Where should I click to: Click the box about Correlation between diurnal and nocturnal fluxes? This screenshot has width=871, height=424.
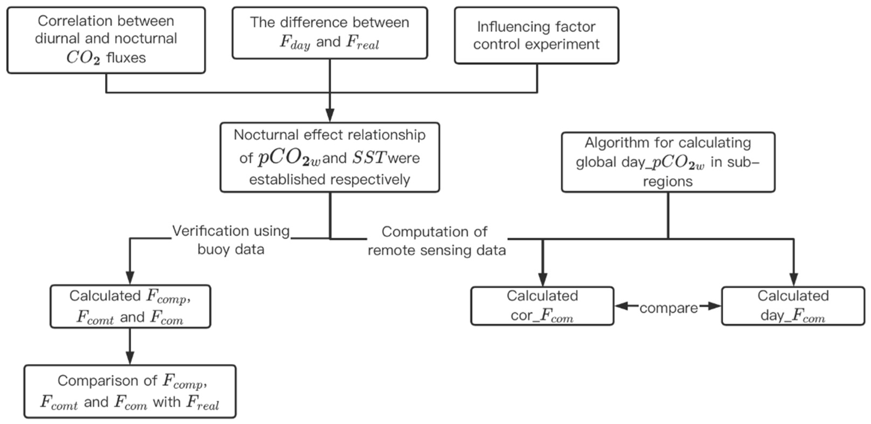[106, 40]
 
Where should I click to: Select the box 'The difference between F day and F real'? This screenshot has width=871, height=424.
[330, 33]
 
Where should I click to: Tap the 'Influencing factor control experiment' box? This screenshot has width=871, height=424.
[536, 36]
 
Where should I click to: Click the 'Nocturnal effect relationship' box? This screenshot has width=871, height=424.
[330, 157]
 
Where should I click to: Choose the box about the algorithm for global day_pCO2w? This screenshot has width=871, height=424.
[668, 162]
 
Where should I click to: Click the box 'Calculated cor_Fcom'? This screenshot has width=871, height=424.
[542, 306]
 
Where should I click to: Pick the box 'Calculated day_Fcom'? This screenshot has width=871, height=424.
[793, 306]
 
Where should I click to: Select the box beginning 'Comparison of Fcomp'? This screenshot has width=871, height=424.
[130, 391]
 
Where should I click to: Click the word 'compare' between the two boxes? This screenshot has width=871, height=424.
[669, 308]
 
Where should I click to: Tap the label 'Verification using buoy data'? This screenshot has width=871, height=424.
[231, 240]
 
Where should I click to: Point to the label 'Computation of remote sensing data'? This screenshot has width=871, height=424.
[436, 241]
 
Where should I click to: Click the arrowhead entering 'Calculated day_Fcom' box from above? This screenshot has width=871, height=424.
[794, 280]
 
